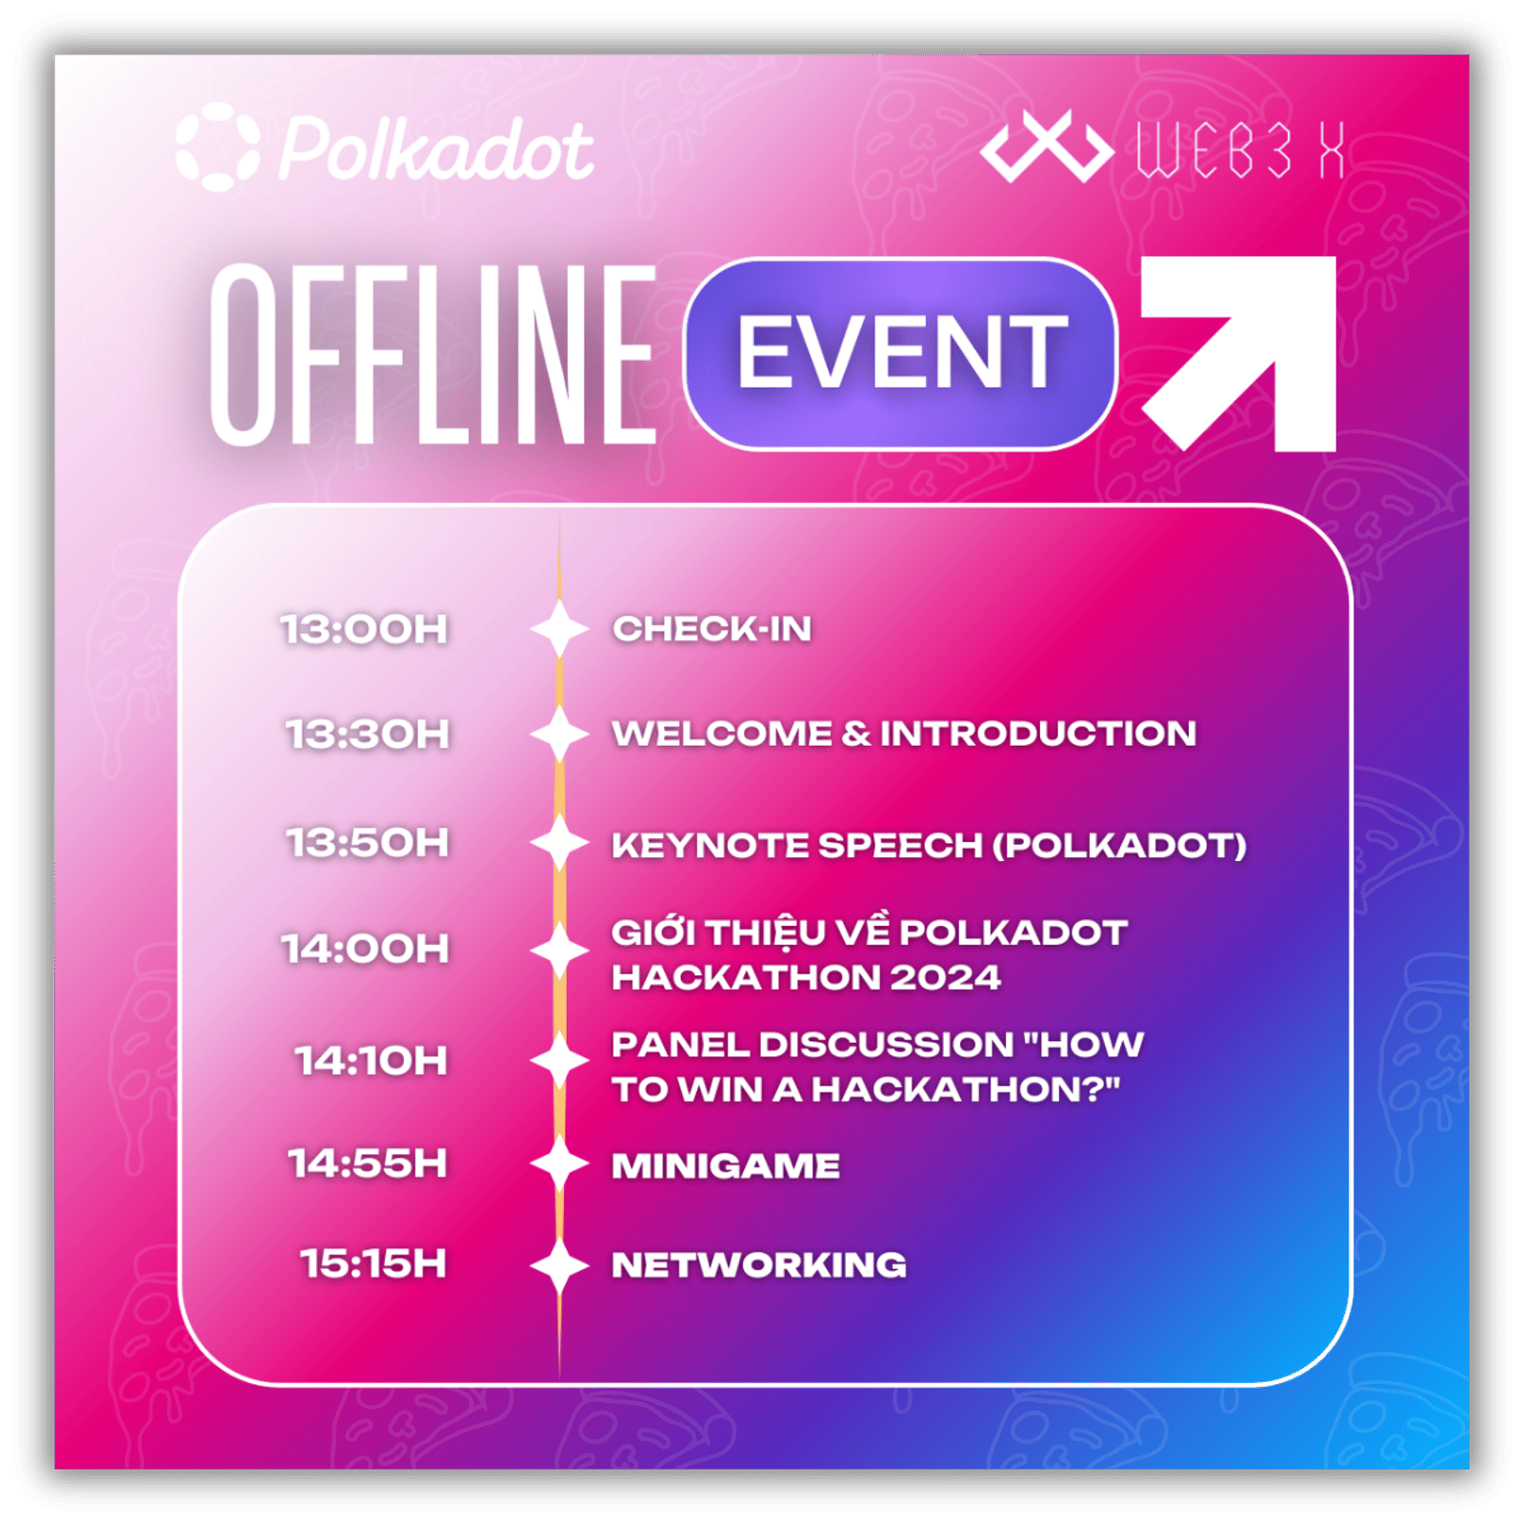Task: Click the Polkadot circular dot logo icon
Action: pos(218,147)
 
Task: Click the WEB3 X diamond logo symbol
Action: pos(1047,147)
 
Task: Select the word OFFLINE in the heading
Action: pos(433,354)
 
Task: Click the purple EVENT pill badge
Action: pos(900,353)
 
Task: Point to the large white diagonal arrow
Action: pos(1238,353)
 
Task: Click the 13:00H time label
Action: pos(364,630)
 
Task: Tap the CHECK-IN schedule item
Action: pos(712,629)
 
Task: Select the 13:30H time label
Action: pos(368,734)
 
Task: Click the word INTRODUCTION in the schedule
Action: pos(1038,733)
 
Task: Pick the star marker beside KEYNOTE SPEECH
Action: pos(559,843)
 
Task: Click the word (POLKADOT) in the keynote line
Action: pos(1120,845)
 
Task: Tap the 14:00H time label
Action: pos(366,949)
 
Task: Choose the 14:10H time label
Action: pos(371,1060)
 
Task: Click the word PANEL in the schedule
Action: pos(680,1045)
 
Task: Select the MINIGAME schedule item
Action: pos(726,1166)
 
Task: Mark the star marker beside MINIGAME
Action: pos(559,1164)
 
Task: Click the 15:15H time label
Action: pos(373,1264)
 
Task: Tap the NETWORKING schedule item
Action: pos(759,1265)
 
